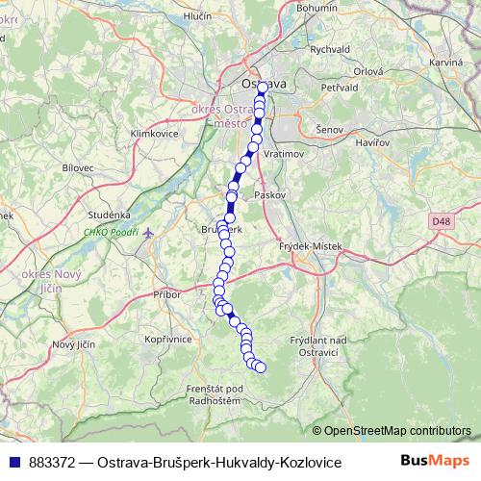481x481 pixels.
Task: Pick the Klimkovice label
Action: (x=153, y=133)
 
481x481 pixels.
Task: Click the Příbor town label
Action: (x=166, y=294)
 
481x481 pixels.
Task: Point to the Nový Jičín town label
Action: (x=75, y=344)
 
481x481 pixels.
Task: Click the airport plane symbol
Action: (x=149, y=232)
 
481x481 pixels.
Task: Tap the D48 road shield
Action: (x=442, y=221)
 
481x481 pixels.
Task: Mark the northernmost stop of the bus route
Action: (x=262, y=87)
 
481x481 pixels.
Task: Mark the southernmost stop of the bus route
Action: (x=260, y=367)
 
